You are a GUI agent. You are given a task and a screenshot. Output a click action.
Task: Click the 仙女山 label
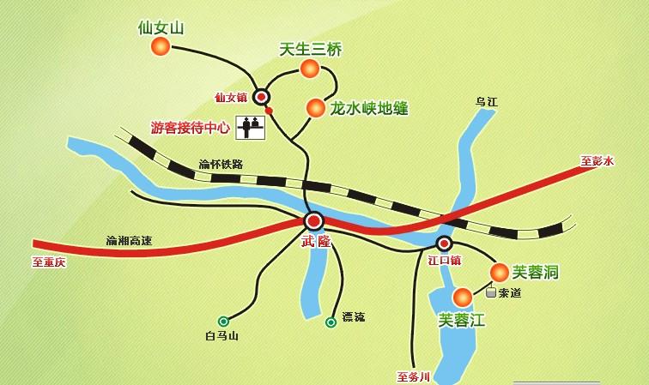161,27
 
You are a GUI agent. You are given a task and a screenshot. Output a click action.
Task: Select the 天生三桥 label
311,50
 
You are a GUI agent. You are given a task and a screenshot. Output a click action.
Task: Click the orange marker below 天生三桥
309,69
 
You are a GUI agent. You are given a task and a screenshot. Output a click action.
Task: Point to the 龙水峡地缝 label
368,108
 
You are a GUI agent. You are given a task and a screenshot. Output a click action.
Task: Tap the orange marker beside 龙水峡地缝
315,108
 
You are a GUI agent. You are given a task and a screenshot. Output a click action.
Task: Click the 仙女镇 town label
231,98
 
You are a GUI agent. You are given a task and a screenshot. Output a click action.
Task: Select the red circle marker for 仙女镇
262,98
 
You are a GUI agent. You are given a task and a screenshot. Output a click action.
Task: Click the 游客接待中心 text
191,128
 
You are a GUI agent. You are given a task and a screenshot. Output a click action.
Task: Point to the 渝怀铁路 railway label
221,164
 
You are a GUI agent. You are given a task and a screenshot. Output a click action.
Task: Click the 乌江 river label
487,101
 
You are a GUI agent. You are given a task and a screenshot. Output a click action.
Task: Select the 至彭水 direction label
597,160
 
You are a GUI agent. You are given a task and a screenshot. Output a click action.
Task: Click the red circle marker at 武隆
313,220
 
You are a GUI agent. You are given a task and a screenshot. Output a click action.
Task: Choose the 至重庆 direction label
49,262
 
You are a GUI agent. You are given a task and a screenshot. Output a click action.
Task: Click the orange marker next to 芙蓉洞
499,273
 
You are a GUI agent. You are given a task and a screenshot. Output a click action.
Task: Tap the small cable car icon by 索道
490,292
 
